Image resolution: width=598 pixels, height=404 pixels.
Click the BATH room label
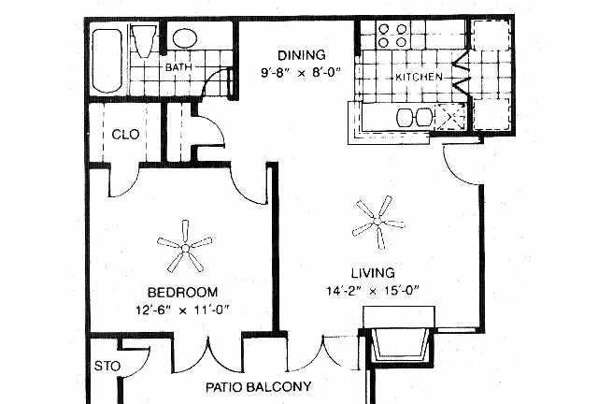point(178,67)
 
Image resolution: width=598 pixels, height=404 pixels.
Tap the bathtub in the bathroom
point(107,61)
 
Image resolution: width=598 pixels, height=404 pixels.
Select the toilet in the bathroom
point(144,40)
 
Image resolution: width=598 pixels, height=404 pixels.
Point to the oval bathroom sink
point(185,38)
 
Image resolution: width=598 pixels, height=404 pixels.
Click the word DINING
point(301,55)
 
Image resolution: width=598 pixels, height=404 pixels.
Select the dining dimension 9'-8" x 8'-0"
point(300,72)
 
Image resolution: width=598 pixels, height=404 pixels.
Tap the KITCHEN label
point(419,77)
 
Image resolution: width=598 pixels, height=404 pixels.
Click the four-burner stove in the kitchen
point(392,36)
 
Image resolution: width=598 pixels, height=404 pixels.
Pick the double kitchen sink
point(414,117)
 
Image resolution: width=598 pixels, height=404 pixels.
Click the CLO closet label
point(125,135)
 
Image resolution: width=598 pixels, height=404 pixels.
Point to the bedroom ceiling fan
point(185,247)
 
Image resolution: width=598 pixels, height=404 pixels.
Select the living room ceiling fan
point(377,222)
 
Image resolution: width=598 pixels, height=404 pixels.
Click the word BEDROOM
point(183,293)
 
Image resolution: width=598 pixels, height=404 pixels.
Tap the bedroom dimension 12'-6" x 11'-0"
point(183,310)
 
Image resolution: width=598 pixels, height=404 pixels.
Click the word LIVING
point(373,273)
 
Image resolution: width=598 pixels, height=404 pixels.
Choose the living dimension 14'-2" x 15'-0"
point(373,291)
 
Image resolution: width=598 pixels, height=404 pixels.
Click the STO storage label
point(107,367)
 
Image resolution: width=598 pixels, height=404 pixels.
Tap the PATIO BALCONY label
point(259,387)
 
